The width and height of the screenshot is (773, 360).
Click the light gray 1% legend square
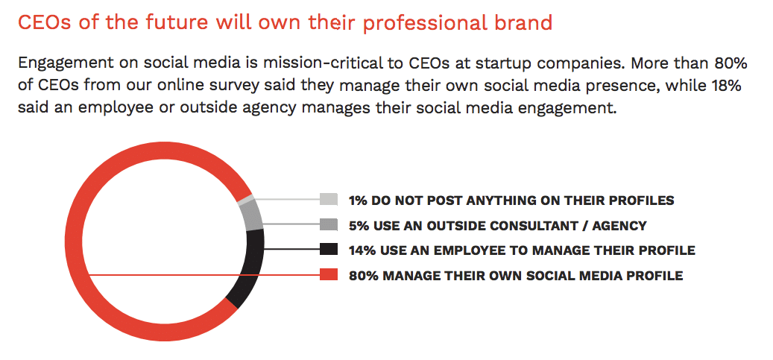[328, 199]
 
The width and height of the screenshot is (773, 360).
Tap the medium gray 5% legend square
[328, 224]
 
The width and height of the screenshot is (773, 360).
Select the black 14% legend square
[328, 249]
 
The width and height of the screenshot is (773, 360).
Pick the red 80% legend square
[328, 275]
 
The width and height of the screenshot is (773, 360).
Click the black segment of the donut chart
[250, 269]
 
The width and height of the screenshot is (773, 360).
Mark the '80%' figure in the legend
[364, 275]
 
